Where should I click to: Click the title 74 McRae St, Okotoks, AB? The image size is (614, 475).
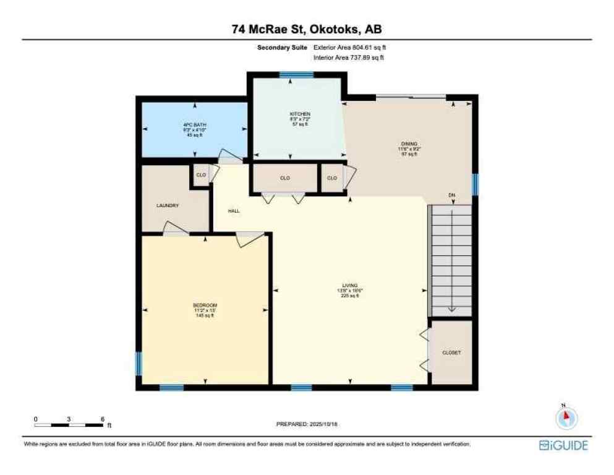(307, 29)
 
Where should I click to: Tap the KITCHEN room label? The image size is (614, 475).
(300, 114)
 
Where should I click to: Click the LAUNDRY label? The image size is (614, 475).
(167, 206)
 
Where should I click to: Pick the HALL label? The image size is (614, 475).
(234, 211)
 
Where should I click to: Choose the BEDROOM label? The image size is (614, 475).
(205, 306)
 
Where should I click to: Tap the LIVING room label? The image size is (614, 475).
(350, 285)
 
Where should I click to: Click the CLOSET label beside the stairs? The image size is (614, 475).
(451, 353)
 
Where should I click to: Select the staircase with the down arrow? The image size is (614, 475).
(452, 260)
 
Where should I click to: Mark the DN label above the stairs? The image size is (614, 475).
(452, 196)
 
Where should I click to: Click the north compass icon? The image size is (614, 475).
(566, 418)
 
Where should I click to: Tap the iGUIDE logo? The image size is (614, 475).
(563, 445)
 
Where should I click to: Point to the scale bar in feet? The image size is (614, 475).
(69, 424)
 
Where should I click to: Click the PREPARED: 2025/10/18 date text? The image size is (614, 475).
(307, 424)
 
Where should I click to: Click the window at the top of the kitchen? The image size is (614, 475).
(296, 75)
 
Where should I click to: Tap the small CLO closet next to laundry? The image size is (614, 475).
(201, 175)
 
